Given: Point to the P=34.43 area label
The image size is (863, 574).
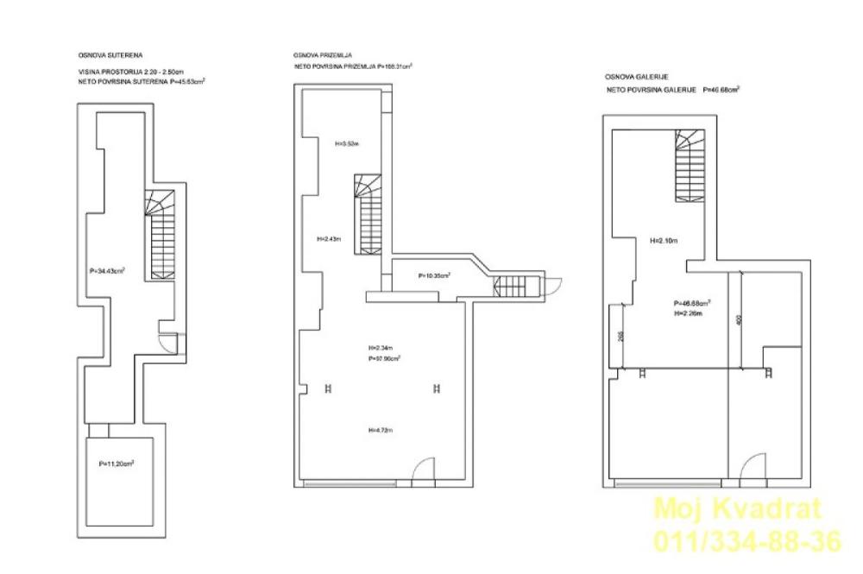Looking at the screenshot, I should click(x=107, y=270).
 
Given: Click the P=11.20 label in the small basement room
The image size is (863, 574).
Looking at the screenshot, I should click(x=116, y=463).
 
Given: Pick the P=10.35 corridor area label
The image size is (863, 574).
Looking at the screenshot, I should click(x=435, y=276).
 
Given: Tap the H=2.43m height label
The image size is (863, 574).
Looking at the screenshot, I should click(x=330, y=239).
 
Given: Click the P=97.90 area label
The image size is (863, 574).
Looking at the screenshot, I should click(x=384, y=357).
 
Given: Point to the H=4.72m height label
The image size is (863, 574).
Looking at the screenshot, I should click(x=380, y=430).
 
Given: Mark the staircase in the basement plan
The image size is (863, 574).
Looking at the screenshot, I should click(x=162, y=233).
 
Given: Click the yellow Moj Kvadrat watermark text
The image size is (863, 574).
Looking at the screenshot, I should click(x=739, y=510).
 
